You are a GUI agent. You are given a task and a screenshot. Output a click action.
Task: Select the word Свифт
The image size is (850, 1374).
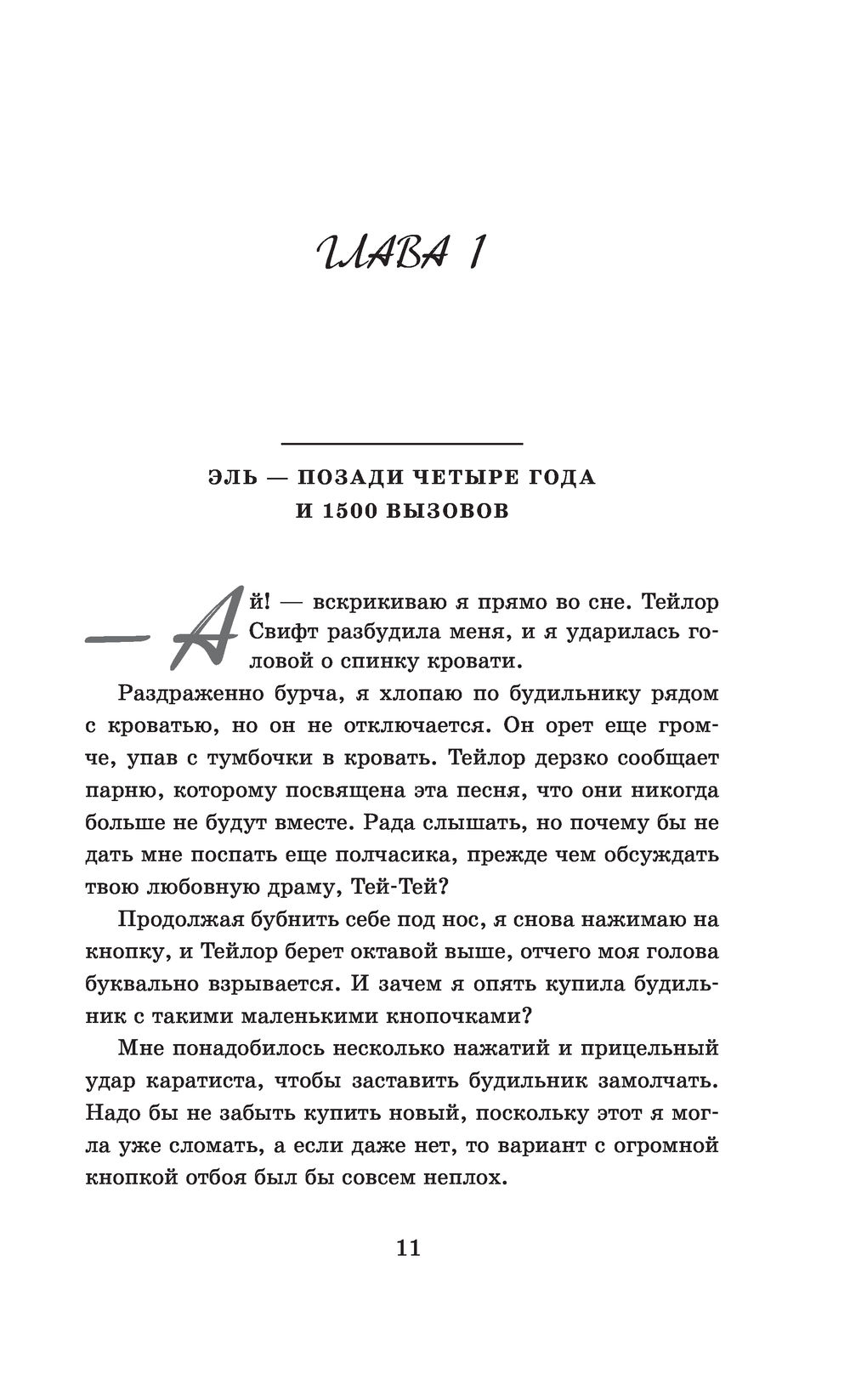[x=262, y=633]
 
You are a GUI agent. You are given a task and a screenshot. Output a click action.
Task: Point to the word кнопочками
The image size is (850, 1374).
[x=450, y=1016]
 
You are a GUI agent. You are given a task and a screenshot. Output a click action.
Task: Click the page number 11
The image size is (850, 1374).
[x=408, y=1248]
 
